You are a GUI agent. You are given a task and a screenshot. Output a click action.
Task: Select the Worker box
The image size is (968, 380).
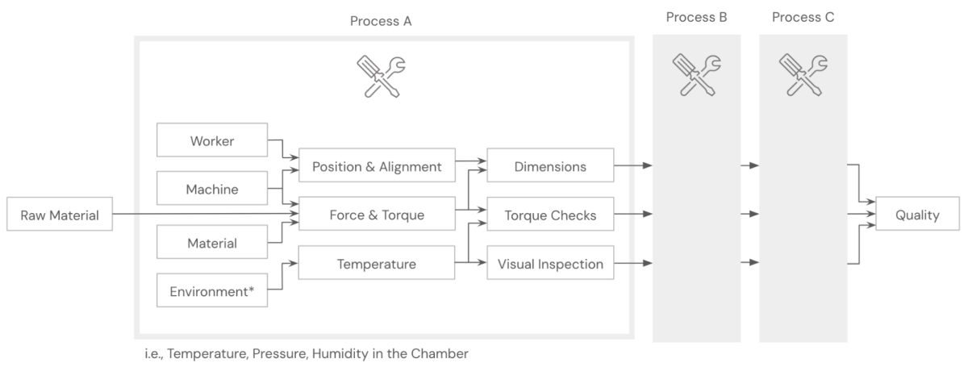pyautogui.click(x=212, y=141)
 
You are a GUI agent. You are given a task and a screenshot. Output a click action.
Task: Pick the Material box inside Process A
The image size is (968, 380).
pyautogui.click(x=212, y=243)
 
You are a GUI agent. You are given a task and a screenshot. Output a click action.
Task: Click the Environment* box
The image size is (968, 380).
pyautogui.click(x=212, y=292)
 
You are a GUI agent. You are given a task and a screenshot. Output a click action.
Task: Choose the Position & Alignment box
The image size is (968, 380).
pyautogui.click(x=377, y=166)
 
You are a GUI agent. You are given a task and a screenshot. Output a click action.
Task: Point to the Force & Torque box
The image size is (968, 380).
pyautogui.click(x=377, y=215)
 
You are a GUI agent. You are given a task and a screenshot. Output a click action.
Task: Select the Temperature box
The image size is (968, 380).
pyautogui.click(x=377, y=264)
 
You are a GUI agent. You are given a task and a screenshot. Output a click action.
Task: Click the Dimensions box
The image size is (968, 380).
pyautogui.click(x=550, y=166)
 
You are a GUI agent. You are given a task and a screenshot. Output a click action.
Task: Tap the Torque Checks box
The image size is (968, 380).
pyautogui.click(x=550, y=215)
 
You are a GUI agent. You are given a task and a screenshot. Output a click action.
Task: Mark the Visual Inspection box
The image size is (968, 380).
pyautogui.click(x=550, y=264)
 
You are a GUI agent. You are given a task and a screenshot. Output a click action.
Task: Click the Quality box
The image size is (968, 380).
pyautogui.click(x=917, y=215)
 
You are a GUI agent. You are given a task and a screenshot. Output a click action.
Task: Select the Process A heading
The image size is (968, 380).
pyautogui.click(x=381, y=21)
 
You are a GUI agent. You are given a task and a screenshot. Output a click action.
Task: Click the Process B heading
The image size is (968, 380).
pyautogui.click(x=697, y=17)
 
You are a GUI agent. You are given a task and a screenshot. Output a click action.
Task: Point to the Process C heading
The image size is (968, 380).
pyautogui.click(x=803, y=17)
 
